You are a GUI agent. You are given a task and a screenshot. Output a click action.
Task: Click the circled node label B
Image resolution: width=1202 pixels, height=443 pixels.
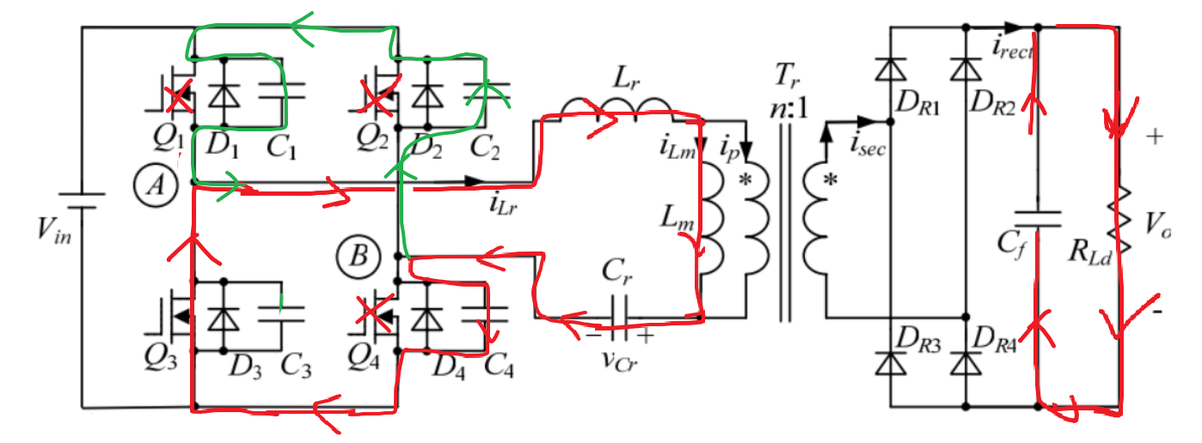[354, 255]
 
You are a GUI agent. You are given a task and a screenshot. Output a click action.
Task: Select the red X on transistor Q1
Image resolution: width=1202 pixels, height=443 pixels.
[178, 100]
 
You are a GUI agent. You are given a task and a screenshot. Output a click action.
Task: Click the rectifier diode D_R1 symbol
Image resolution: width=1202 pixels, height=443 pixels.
[887, 70]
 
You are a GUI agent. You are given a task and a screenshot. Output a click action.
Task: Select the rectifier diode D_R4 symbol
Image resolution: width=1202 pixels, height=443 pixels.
[966, 364]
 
